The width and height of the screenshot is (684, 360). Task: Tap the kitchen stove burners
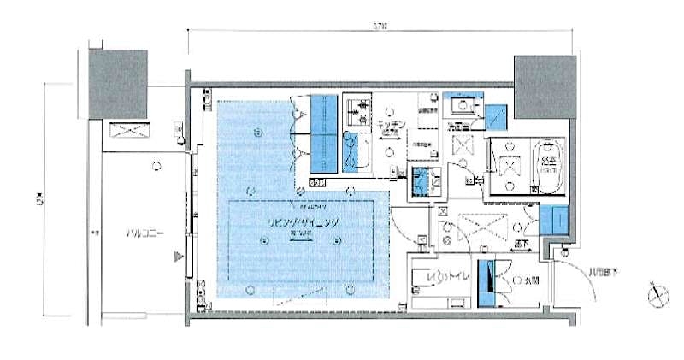click(361, 110)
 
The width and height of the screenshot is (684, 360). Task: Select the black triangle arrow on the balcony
click(178, 256)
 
